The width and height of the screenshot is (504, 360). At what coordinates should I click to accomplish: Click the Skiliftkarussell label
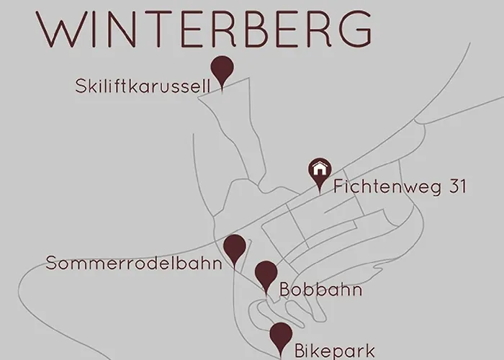[x=143, y=87]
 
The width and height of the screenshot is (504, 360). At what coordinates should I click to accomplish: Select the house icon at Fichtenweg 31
[x=319, y=170]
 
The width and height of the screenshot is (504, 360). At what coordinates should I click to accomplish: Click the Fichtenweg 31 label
[x=400, y=187]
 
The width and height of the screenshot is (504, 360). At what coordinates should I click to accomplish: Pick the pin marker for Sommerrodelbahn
[x=234, y=248]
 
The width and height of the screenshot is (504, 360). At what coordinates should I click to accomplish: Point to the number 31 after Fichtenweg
[x=457, y=187]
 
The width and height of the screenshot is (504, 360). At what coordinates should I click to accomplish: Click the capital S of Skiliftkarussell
[x=80, y=87]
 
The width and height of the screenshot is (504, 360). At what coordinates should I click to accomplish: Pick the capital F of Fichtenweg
[x=339, y=187]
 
